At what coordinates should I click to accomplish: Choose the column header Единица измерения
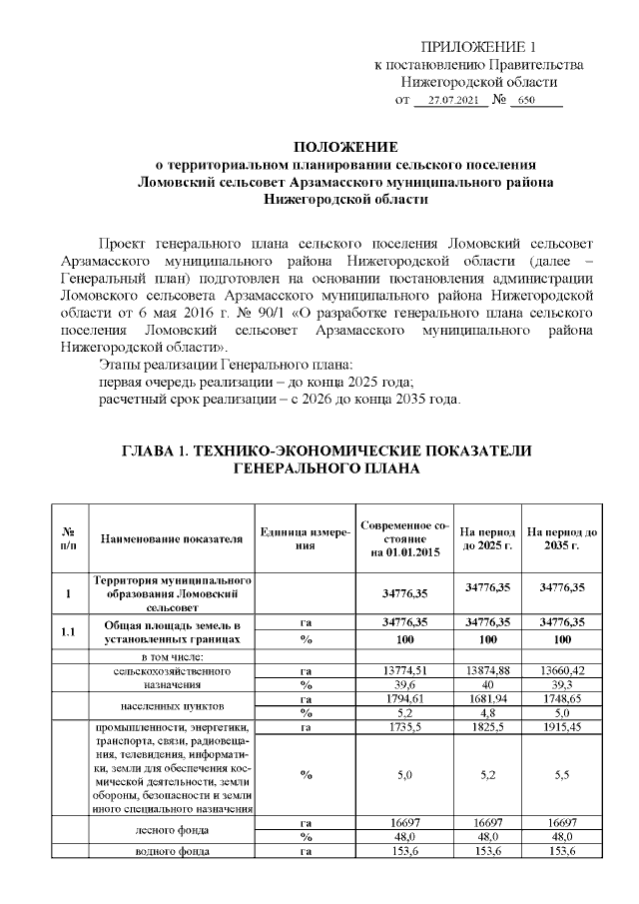[x=305, y=538]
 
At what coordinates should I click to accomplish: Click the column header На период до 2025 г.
[x=488, y=538]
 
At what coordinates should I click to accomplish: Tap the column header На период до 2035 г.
[x=562, y=538]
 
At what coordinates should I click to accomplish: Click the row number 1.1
[x=68, y=631]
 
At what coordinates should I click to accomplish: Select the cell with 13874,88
[x=488, y=670]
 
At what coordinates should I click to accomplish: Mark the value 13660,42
[x=562, y=670]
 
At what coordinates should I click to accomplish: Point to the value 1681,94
[x=488, y=699]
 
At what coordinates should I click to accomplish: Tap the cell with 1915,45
[x=562, y=727]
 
